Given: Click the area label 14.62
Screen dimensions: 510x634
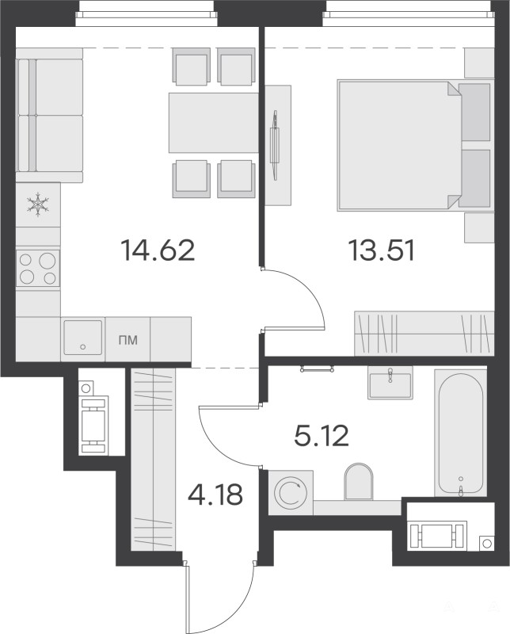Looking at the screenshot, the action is pyautogui.click(x=158, y=250).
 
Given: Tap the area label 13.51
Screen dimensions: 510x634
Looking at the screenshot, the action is pyautogui.click(x=381, y=250).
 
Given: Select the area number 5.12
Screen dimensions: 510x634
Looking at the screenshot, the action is pyautogui.click(x=322, y=436).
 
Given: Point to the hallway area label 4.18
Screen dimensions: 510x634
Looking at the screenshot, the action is pyautogui.click(x=215, y=495).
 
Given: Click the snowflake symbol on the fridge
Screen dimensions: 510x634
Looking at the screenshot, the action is pyautogui.click(x=38, y=204).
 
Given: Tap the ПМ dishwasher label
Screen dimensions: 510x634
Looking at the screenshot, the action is pyautogui.click(x=128, y=341).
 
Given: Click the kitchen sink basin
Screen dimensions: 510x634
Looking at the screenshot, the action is pyautogui.click(x=83, y=338).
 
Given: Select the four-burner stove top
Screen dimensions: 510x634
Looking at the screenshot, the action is pyautogui.click(x=38, y=267).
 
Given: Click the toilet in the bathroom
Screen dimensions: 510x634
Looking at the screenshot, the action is pyautogui.click(x=358, y=481).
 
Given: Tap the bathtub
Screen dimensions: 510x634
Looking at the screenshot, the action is pyautogui.click(x=460, y=432).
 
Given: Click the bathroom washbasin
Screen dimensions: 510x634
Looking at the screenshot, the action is pyautogui.click(x=390, y=383).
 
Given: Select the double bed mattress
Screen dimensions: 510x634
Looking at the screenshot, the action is pyautogui.click(x=399, y=146).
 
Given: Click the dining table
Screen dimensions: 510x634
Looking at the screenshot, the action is pyautogui.click(x=213, y=123).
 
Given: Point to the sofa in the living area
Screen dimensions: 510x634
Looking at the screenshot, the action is pyautogui.click(x=50, y=115).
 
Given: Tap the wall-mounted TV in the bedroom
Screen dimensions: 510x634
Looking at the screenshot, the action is pyautogui.click(x=276, y=145).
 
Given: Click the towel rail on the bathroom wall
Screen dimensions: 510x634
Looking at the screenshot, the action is pyautogui.click(x=317, y=369).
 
